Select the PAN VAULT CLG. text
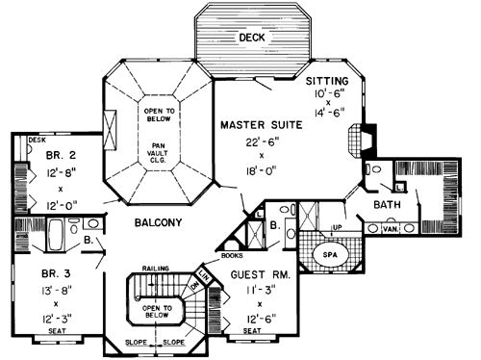[158, 148]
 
